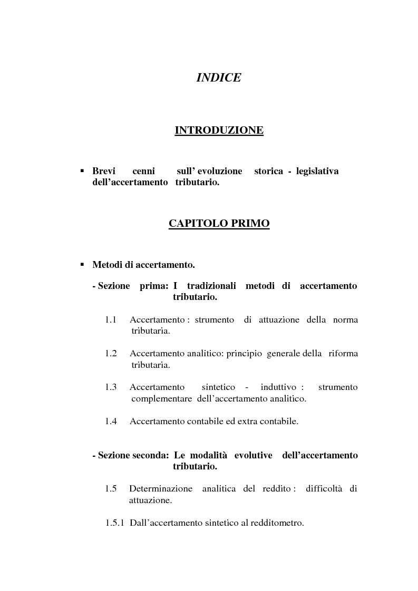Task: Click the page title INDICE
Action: click(219, 77)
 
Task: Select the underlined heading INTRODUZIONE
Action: click(219, 130)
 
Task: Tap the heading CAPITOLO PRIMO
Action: click(219, 223)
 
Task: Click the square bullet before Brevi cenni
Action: click(82, 171)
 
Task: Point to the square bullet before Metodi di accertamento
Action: click(82, 264)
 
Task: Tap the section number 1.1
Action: click(110, 320)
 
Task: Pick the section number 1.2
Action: click(110, 354)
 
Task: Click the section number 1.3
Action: click(110, 387)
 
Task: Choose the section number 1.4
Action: click(110, 421)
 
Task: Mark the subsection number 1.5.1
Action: click(114, 524)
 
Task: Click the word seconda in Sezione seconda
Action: click(151, 455)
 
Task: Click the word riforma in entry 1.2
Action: click(344, 354)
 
